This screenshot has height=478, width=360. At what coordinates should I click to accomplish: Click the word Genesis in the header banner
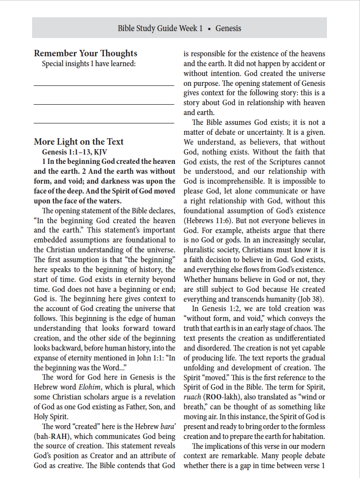[x=228, y=28]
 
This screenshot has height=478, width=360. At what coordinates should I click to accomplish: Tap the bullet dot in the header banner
[x=209, y=29]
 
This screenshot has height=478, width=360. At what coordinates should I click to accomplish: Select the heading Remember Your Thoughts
[x=85, y=53]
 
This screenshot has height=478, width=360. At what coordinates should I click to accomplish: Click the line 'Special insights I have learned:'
[x=88, y=64]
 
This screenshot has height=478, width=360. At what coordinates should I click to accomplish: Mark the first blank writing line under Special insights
[x=104, y=86]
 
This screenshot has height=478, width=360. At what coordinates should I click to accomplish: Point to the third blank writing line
[x=104, y=122]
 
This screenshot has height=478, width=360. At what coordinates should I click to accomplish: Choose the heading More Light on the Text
[x=79, y=142]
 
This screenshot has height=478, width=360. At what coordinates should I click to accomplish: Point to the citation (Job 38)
[x=310, y=299]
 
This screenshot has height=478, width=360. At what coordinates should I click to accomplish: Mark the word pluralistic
[x=202, y=250]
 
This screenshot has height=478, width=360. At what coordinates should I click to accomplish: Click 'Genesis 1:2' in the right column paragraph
[x=222, y=309]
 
